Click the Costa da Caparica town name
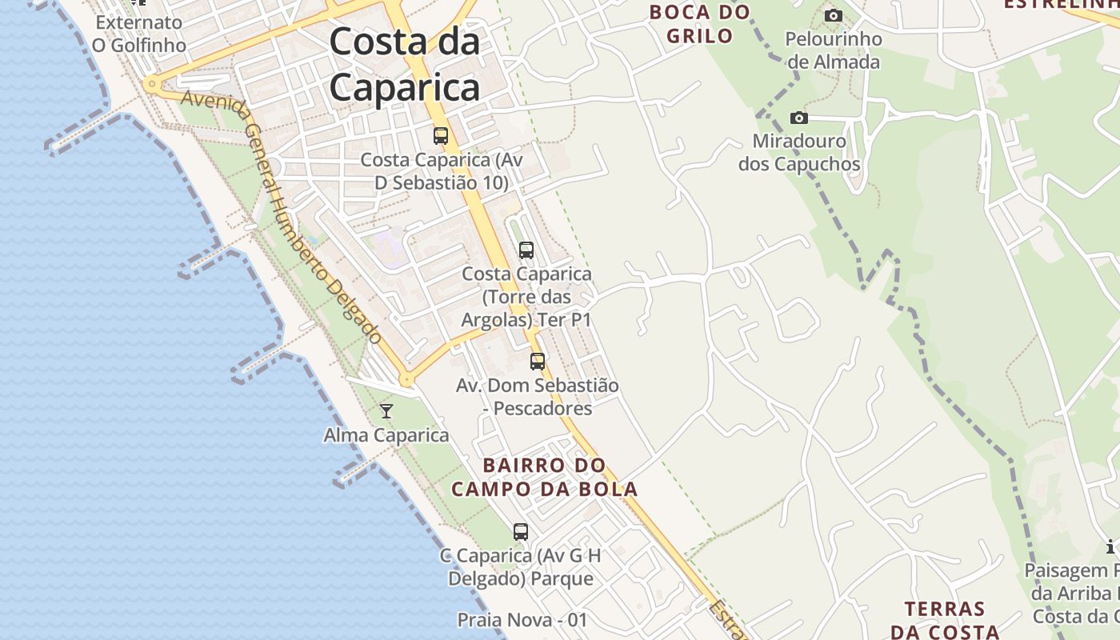click(405, 64)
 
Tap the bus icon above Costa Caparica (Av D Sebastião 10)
click(440, 135)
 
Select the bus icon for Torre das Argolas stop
click(526, 250)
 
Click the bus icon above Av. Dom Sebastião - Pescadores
click(537, 361)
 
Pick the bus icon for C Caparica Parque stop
click(520, 531)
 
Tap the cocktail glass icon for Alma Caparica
click(386, 411)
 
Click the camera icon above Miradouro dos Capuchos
click(798, 118)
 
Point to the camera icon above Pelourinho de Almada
click(833, 15)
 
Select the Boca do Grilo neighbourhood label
click(700, 24)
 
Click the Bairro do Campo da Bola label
click(545, 478)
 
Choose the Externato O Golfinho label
click(139, 34)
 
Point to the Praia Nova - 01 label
click(522, 620)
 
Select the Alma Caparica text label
click(386, 435)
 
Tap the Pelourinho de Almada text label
click(833, 50)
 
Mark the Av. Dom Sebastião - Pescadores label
click(538, 397)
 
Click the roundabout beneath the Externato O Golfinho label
click(150, 83)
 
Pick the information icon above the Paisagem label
click(1110, 547)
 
